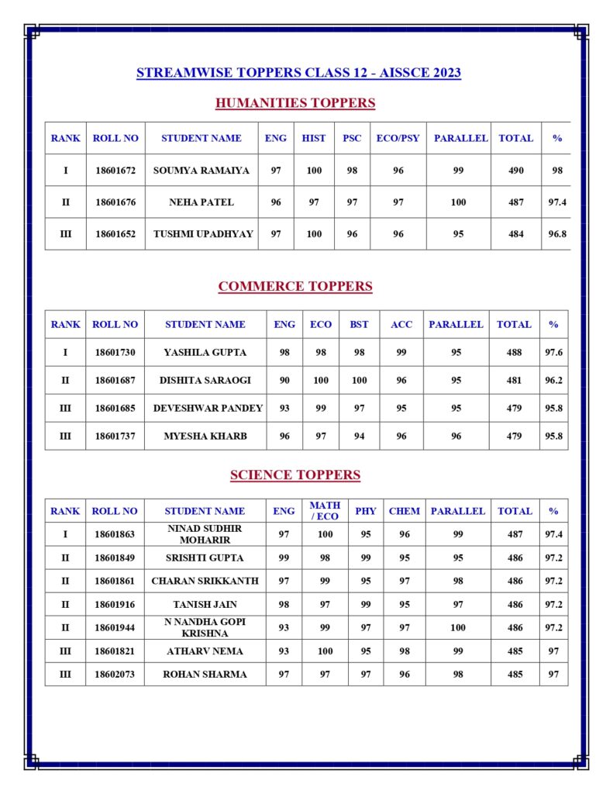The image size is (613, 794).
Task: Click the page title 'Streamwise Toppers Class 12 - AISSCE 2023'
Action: (298, 73)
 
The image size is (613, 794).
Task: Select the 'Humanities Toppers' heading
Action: (294, 103)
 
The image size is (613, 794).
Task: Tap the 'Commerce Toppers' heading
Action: (294, 286)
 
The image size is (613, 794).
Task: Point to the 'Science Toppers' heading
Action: (294, 475)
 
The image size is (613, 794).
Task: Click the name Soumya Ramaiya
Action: (201, 171)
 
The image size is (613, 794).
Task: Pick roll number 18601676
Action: (115, 202)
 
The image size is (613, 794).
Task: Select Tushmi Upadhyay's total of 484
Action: (515, 234)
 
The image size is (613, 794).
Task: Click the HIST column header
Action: (314, 138)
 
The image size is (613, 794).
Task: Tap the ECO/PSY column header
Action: (398, 138)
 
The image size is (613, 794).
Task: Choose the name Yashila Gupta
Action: (205, 352)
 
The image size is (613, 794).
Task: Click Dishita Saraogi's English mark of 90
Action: (284, 380)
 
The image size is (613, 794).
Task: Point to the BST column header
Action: (359, 324)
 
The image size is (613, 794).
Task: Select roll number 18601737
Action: (115, 436)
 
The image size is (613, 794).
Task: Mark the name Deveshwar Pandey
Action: (208, 408)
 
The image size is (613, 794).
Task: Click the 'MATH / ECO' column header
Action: (325, 511)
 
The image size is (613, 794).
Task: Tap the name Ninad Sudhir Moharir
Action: (205, 533)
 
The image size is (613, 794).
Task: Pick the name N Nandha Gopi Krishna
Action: (205, 627)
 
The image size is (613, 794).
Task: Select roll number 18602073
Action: (115, 675)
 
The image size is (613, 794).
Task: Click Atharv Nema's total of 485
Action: (515, 651)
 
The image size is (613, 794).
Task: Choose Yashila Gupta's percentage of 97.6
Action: (553, 352)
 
